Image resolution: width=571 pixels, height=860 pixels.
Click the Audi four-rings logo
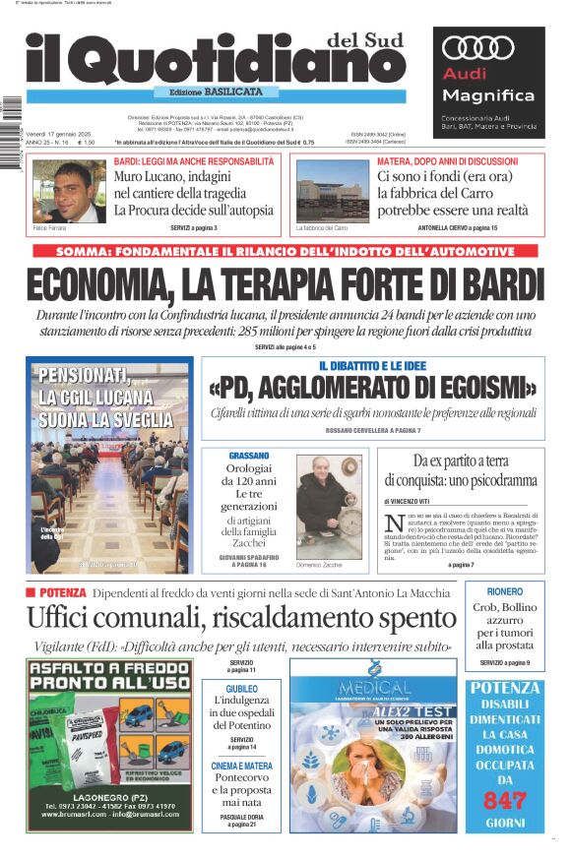click(x=478, y=47)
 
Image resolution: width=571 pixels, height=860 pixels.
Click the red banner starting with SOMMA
click(x=285, y=252)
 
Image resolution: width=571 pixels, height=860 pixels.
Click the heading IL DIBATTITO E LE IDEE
click(x=372, y=366)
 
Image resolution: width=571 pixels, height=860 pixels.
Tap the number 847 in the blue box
click(x=505, y=800)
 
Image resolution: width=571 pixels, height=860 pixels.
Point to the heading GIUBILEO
click(x=242, y=689)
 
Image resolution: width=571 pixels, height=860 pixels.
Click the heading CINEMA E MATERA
click(x=242, y=766)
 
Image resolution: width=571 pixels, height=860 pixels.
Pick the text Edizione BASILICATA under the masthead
click(x=216, y=92)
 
